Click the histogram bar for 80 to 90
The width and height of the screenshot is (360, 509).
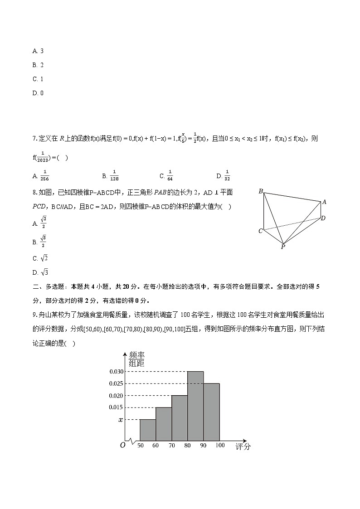195,406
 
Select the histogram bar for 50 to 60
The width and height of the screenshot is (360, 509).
147,430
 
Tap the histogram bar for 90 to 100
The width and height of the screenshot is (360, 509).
212,412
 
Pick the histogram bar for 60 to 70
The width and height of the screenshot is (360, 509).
163,424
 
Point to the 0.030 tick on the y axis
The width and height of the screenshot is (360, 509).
116,372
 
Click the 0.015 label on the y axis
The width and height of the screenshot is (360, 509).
116,407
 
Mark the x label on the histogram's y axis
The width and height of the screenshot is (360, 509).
121,420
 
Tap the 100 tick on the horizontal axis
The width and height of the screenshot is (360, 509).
220,446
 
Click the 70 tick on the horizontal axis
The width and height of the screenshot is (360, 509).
171,446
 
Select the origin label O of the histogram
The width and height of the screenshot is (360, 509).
122,445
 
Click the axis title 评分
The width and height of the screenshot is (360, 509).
243,447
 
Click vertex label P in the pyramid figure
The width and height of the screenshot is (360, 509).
283,247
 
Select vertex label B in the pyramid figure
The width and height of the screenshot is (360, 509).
261,191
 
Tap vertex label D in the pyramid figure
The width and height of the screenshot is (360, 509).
323,218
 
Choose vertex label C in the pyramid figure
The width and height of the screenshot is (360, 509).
260,231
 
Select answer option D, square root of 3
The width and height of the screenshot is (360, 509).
40,272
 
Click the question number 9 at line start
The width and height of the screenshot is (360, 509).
34,315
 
